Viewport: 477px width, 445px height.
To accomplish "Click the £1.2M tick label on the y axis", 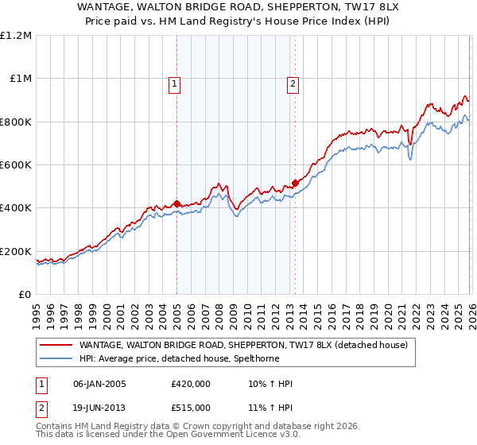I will (x=17, y=36).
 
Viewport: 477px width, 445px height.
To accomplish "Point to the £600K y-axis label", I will (x=16, y=165).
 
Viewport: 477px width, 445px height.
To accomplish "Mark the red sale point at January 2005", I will (x=176, y=203).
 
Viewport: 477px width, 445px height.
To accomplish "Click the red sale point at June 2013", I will (x=295, y=183).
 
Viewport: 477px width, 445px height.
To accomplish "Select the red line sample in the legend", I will (x=56, y=345).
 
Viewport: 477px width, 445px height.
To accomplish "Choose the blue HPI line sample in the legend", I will (x=56, y=358).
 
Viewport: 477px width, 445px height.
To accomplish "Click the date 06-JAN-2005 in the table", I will (x=100, y=384).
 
